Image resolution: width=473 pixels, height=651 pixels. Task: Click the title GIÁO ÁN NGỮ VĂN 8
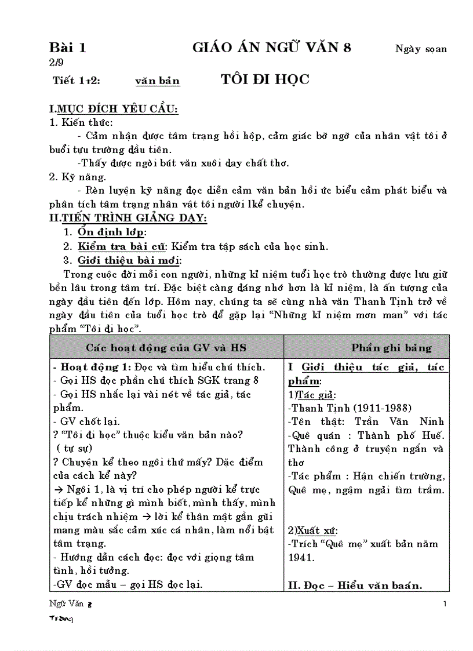click(x=272, y=48)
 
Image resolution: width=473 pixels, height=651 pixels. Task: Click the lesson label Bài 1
click(x=67, y=48)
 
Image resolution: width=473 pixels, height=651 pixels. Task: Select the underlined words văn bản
click(x=158, y=81)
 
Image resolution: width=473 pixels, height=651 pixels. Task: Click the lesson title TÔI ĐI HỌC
click(x=265, y=79)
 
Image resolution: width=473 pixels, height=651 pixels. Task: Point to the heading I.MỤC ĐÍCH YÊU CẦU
click(x=114, y=108)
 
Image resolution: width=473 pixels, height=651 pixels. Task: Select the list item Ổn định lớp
click(x=111, y=232)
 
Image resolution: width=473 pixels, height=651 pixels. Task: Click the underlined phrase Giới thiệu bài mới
click(x=129, y=260)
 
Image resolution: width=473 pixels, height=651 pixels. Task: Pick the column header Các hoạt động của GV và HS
click(x=166, y=348)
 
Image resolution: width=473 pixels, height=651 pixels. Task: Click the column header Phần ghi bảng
click(x=391, y=348)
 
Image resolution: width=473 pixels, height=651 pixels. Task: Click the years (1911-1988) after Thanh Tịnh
click(x=383, y=408)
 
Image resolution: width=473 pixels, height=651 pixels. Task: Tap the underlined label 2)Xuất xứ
click(x=313, y=530)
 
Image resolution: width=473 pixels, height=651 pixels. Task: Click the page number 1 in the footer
click(x=445, y=605)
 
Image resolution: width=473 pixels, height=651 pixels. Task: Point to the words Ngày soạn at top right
click(x=421, y=49)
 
